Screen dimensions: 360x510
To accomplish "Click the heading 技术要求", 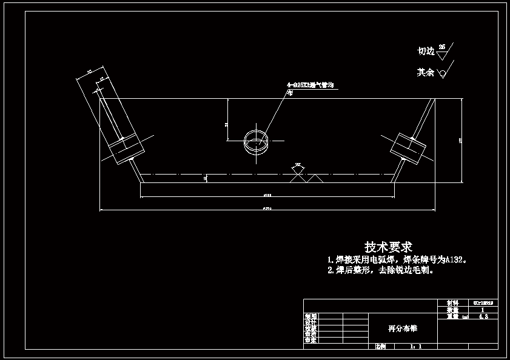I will click(x=388, y=247).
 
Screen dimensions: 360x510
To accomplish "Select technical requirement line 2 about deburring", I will click(x=381, y=271).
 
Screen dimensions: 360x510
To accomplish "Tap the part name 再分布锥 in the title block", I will click(x=402, y=328).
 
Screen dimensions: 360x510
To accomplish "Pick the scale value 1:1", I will click(x=415, y=347).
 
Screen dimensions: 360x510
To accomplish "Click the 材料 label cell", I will click(x=452, y=302).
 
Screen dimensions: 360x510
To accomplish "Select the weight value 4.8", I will click(x=483, y=316).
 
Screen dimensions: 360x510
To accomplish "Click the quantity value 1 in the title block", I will click(x=483, y=309).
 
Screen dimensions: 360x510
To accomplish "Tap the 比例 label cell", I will click(x=380, y=347).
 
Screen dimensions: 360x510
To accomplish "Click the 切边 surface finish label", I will click(x=426, y=52).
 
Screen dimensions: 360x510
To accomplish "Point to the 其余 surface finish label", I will click(x=425, y=73).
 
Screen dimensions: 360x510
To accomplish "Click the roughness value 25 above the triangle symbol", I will click(x=442, y=46).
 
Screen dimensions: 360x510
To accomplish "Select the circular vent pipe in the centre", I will click(x=256, y=141).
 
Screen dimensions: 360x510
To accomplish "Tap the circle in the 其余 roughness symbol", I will click(x=443, y=73).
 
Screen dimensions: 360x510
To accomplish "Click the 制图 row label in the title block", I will click(x=310, y=316).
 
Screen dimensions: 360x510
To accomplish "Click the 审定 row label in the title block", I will click(x=310, y=341).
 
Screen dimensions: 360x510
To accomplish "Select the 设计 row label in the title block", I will click(x=310, y=322).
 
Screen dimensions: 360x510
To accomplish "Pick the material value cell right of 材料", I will click(x=483, y=302).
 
